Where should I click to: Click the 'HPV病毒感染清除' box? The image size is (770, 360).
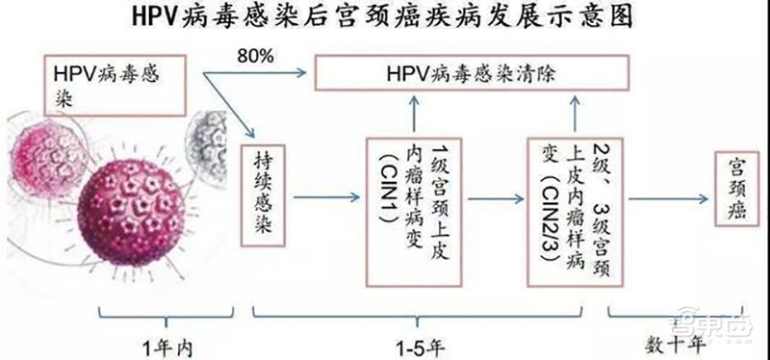pyautogui.click(x=472, y=74)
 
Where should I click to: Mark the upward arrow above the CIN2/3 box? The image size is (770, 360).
pyautogui.click(x=573, y=113)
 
